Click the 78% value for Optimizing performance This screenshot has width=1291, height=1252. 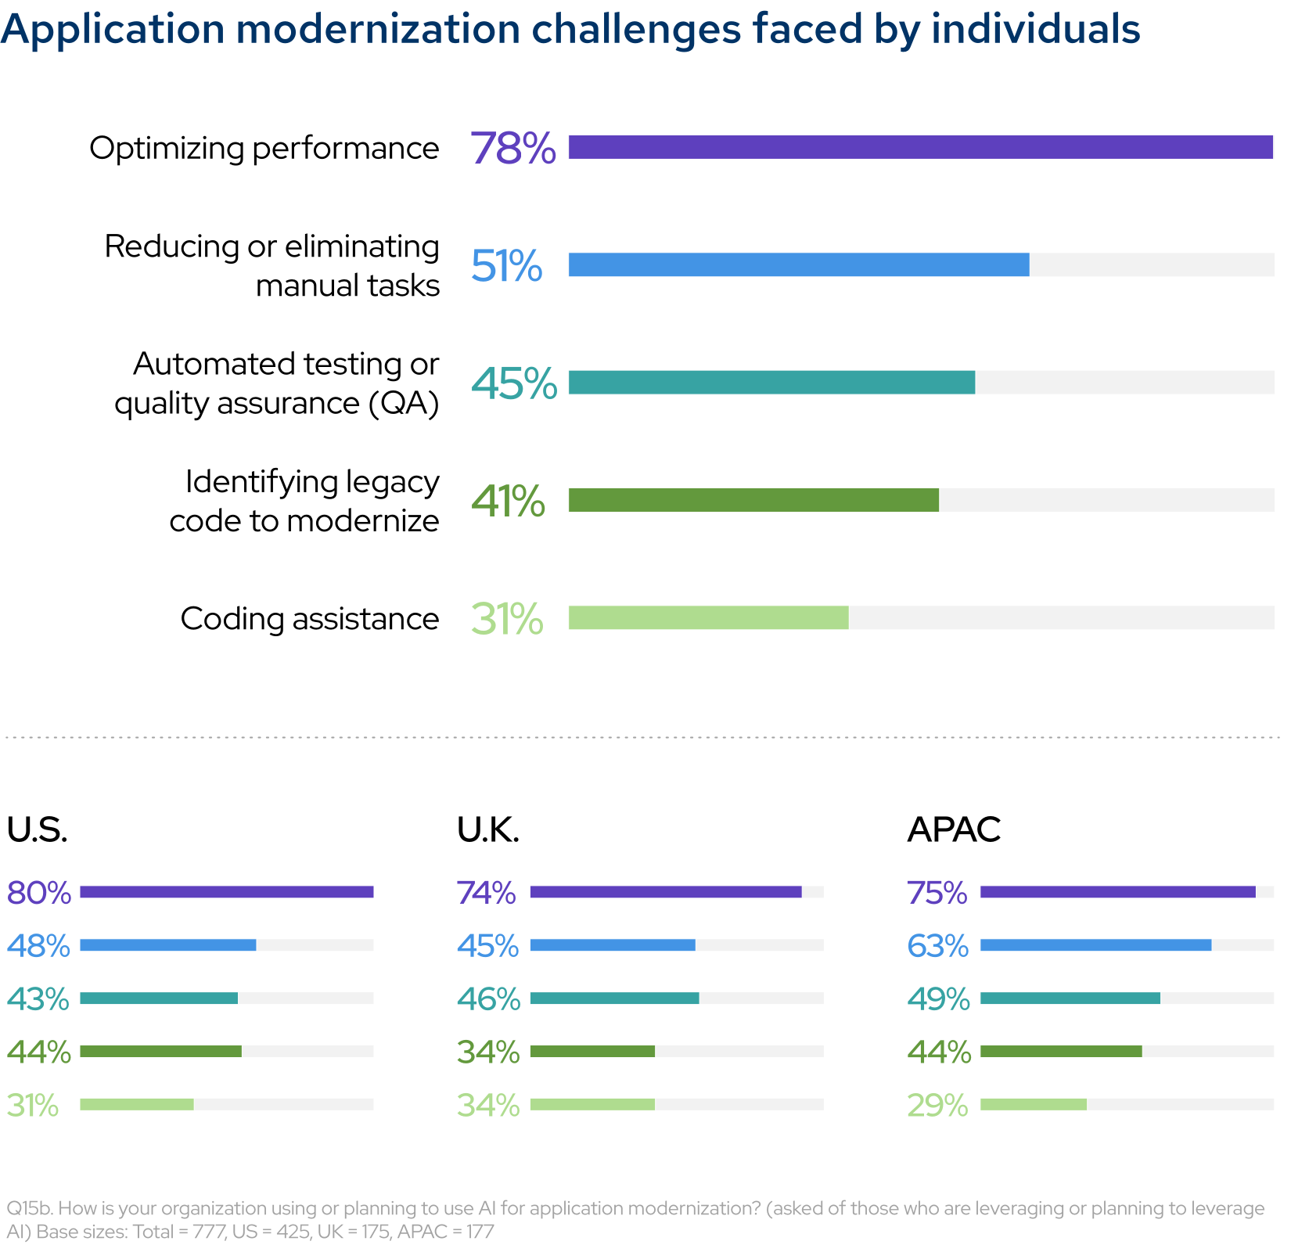(x=512, y=148)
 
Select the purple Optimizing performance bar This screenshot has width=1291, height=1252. (x=920, y=147)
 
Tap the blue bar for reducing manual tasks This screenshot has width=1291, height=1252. (x=798, y=264)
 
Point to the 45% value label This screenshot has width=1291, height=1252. (x=513, y=383)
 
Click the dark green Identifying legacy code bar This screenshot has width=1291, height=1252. (x=753, y=500)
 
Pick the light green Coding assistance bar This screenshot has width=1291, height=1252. (x=708, y=617)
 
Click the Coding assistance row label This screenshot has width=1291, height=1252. (x=309, y=618)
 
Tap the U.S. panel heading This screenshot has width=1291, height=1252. (x=37, y=829)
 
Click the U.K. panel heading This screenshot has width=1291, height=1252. (x=488, y=829)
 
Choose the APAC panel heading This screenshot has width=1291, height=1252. (x=953, y=829)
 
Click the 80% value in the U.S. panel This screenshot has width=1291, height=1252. (x=38, y=892)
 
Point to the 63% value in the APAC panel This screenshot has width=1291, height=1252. (x=937, y=945)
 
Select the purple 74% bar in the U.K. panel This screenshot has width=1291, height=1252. (x=665, y=892)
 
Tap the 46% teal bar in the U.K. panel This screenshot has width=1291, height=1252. (x=614, y=998)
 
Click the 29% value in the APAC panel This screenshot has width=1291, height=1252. (x=937, y=1105)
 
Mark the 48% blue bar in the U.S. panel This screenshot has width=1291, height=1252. (x=167, y=945)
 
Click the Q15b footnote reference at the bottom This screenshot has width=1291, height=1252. (x=29, y=1208)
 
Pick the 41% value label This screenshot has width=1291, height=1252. (x=508, y=501)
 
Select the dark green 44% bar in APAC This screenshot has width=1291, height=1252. (x=1060, y=1051)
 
